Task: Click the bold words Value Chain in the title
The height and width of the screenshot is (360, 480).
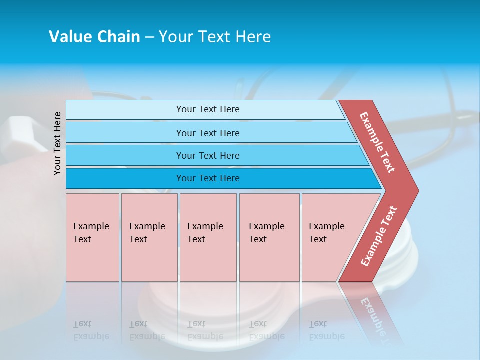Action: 94,37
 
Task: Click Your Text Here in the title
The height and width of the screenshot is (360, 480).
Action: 215,37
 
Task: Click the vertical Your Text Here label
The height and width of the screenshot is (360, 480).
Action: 57,143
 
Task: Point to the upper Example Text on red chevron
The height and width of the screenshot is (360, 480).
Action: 377,142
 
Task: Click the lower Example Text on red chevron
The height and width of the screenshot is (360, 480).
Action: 378,236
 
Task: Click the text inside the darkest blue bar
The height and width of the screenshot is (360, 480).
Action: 208,178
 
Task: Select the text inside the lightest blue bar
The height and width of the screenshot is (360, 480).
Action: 208,109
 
